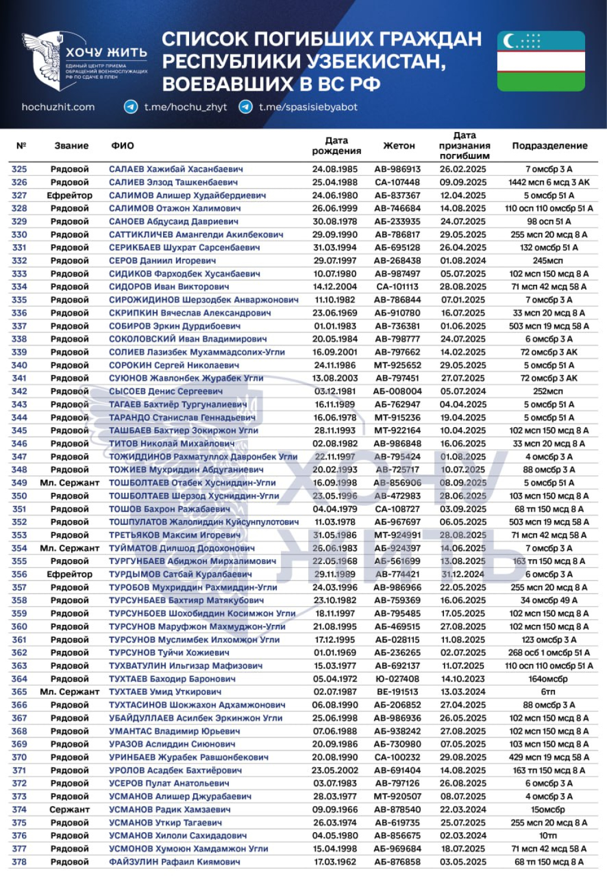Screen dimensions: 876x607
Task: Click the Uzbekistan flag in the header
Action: [541, 61]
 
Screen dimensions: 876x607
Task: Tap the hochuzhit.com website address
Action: [58, 107]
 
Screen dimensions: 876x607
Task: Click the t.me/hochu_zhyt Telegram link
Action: [186, 107]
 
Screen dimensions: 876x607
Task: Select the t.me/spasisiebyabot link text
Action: [308, 107]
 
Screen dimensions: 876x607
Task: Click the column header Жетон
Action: [399, 146]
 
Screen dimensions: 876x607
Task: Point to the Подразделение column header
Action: [550, 146]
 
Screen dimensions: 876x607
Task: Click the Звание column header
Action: [71, 146]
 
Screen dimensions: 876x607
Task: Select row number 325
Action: [19, 169]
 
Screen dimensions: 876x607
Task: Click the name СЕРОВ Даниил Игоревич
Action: [162, 261]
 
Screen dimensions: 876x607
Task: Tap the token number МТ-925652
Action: [397, 365]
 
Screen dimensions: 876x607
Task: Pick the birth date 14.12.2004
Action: [335, 287]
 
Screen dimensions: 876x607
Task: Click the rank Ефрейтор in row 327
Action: [69, 195]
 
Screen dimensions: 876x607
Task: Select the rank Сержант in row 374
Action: [69, 810]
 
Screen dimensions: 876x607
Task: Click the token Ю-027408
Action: [397, 679]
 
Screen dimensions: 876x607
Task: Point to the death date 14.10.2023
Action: [462, 679]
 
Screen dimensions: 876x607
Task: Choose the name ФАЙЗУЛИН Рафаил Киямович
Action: [174, 862]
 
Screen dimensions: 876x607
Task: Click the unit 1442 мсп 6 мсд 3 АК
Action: [548, 182]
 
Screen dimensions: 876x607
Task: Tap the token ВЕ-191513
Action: [397, 692]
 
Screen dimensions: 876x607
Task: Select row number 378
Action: [19, 862]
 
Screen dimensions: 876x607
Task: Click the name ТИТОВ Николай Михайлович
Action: [171, 444]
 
